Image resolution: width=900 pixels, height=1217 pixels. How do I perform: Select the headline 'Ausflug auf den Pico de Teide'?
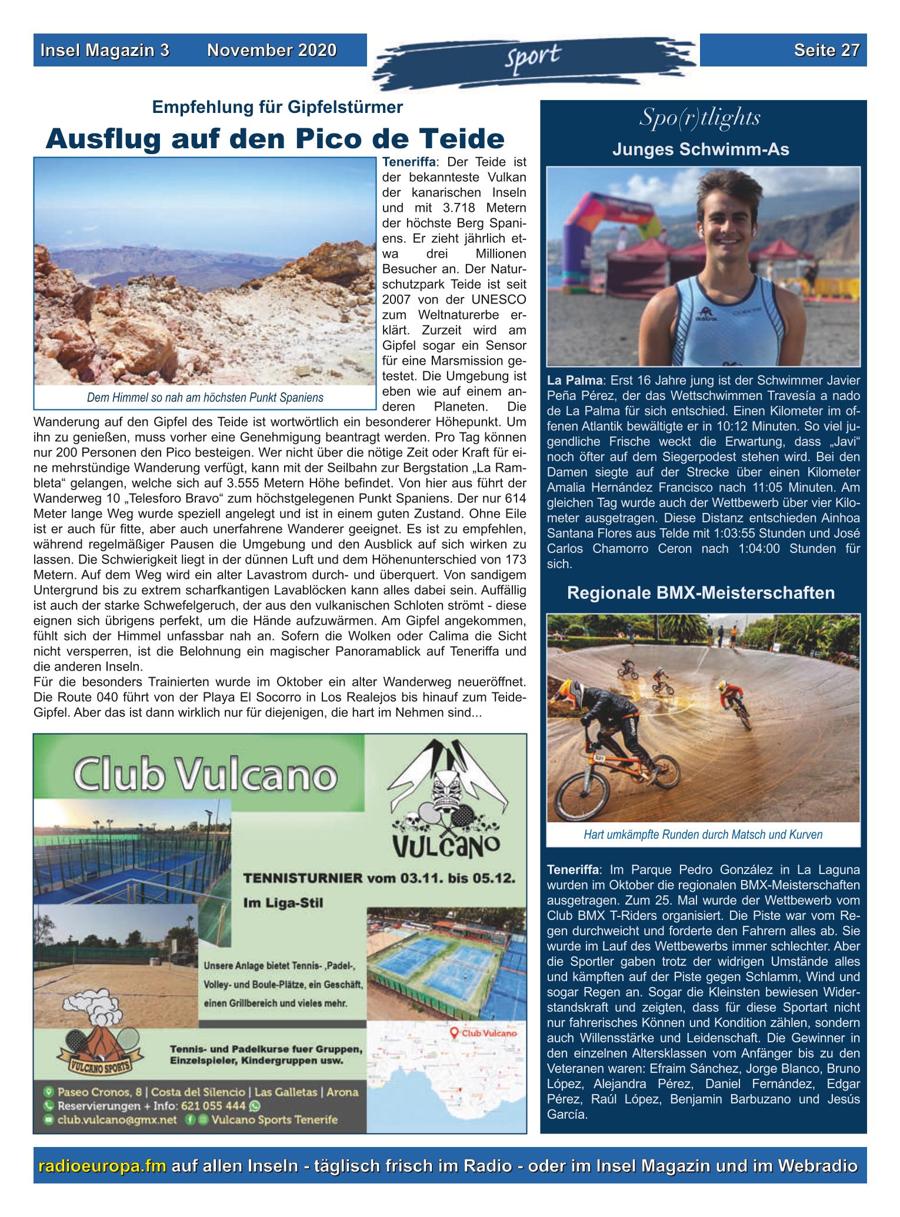click(x=275, y=139)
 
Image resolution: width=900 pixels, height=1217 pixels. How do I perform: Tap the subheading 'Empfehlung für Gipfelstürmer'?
click(x=278, y=107)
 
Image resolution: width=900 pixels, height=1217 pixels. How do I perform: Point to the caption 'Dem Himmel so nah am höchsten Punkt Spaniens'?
click(x=205, y=398)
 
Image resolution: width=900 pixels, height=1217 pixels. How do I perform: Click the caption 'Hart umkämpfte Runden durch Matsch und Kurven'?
click(x=703, y=834)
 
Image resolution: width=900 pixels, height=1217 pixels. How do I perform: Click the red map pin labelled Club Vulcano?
click(x=454, y=1032)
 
